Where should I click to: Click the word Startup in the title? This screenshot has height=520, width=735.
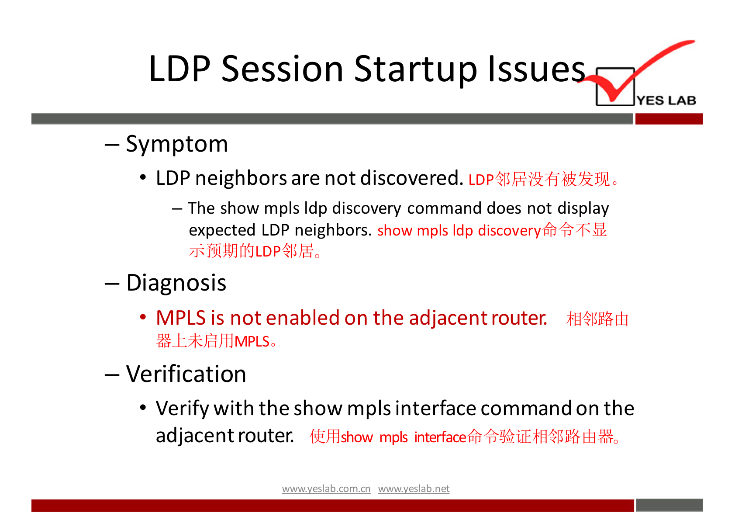tap(415, 70)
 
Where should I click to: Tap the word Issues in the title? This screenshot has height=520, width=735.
tap(537, 69)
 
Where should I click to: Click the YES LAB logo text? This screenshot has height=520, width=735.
tap(666, 100)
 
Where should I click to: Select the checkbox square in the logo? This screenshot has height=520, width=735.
tap(615, 87)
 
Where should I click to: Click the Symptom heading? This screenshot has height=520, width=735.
tap(177, 145)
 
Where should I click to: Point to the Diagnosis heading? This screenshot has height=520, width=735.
tap(176, 283)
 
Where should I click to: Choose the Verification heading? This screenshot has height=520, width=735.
tap(186, 374)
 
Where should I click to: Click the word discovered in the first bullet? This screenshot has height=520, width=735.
tap(412, 178)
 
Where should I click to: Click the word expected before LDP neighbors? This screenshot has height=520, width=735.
tap(222, 230)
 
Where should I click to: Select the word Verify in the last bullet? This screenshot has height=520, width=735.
tap(182, 409)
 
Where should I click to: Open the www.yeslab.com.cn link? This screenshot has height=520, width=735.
tap(326, 489)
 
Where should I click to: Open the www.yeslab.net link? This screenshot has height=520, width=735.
tap(414, 489)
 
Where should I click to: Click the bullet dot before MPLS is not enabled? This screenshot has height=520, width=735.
tap(143, 317)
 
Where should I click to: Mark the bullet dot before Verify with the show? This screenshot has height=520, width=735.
tap(143, 408)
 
